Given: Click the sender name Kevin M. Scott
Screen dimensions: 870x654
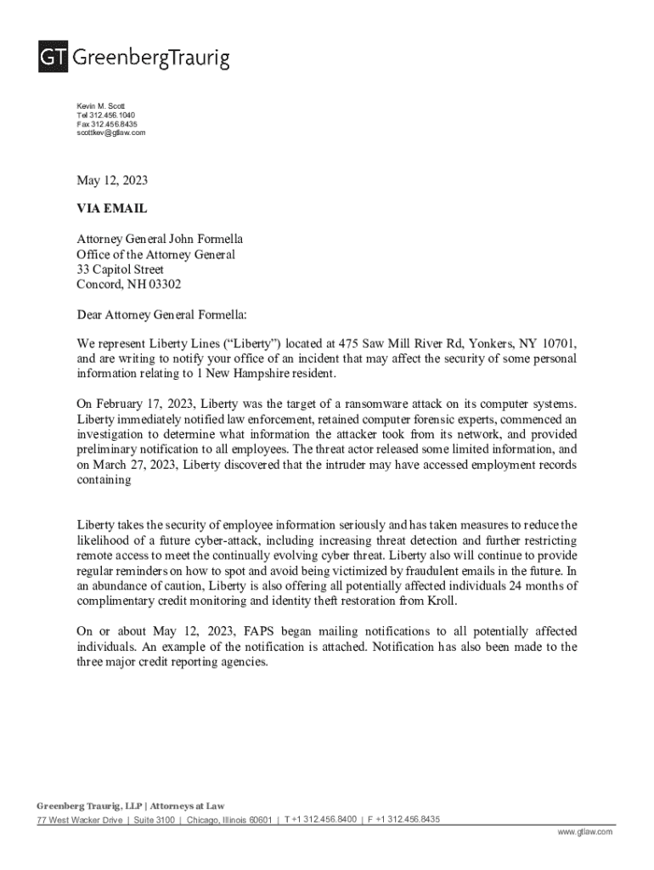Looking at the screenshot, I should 100,106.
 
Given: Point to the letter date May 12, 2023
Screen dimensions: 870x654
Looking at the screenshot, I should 112,180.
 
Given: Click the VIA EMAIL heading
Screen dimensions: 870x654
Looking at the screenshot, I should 111,208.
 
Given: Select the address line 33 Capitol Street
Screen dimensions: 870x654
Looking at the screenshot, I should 120,269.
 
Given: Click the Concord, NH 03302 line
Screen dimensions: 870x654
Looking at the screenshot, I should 128,285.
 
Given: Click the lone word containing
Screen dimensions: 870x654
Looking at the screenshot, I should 104,480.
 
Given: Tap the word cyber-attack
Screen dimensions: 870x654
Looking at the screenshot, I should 245,541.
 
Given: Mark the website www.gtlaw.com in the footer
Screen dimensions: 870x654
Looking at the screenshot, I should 585,833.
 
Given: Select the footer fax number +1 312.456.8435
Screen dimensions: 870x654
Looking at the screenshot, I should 409,820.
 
